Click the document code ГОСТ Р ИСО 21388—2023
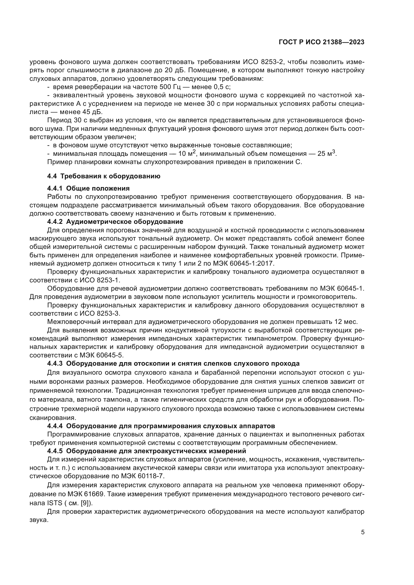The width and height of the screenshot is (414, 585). coord(321,42)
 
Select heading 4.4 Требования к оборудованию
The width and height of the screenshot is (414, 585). coord(104,176)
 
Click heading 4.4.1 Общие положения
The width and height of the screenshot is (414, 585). coord(88,188)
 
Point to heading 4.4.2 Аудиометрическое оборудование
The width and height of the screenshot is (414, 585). coord(115,222)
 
